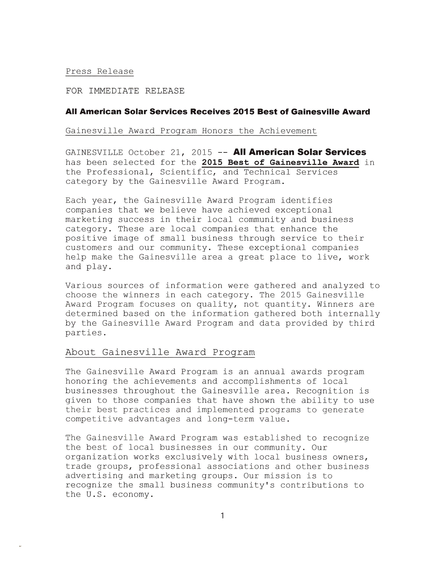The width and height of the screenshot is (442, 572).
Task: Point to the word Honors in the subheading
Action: tap(217, 131)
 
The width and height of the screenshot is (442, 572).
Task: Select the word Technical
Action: tap(267, 172)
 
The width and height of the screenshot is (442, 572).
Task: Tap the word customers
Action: tap(89, 248)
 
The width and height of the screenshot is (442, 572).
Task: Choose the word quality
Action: tap(217, 304)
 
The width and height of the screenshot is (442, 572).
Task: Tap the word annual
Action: tap(269, 372)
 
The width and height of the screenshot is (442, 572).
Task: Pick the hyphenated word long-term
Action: tap(230, 419)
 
